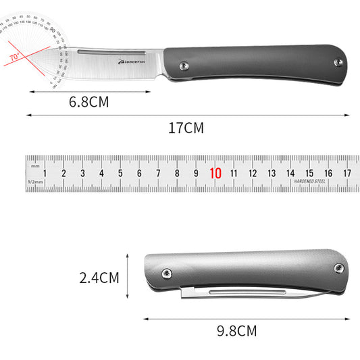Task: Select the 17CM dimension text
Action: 185,128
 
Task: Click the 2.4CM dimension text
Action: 99,277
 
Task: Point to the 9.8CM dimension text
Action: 238,331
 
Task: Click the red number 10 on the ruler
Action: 215,173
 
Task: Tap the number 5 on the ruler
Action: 120,173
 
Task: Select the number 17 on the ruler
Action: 347,173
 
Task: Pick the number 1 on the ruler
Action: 45,173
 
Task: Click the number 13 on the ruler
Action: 272,173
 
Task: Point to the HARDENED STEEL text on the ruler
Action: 309,182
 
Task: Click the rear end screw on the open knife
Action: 339,62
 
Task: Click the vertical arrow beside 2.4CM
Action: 127,276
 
